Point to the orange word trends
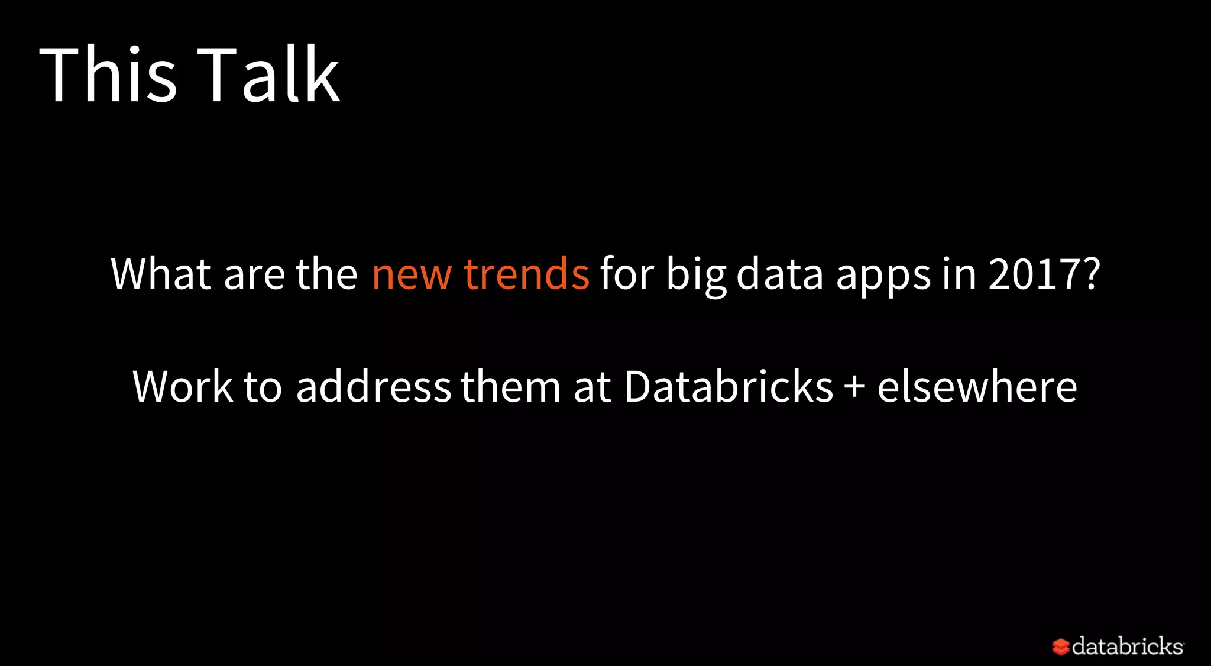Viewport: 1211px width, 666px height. (x=526, y=274)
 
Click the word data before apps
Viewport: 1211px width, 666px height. (x=779, y=274)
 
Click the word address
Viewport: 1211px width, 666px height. (x=374, y=387)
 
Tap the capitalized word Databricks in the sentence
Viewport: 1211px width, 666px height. (x=728, y=387)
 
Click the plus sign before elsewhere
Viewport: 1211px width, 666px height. (x=854, y=388)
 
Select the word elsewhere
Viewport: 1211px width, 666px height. (x=977, y=387)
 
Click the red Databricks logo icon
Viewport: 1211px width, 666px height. (x=1061, y=646)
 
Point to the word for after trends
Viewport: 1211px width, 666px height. (x=627, y=274)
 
